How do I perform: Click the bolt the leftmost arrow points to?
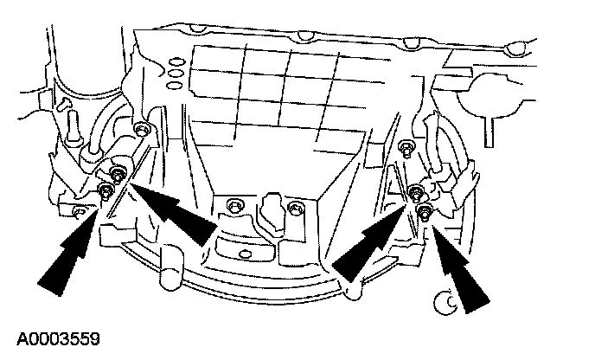[106, 190]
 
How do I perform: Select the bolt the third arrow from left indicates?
[415, 192]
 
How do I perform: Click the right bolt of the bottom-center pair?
[296, 209]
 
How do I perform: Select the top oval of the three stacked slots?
[176, 61]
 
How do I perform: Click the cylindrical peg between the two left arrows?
[171, 263]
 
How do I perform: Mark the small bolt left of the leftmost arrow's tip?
[77, 210]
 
